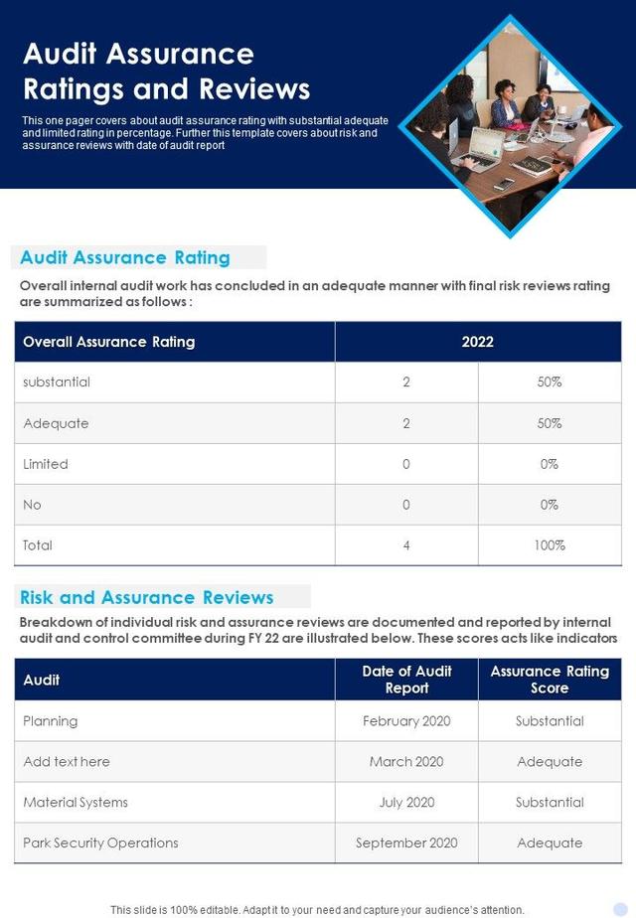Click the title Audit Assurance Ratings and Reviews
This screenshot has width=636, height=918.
166,71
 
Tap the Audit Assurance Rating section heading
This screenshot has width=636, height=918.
125,257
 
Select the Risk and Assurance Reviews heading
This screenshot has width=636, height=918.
146,597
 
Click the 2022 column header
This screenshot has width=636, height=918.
477,342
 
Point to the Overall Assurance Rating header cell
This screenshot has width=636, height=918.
109,342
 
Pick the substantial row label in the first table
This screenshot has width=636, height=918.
57,382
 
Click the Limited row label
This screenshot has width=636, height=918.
46,464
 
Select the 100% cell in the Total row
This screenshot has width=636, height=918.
549,545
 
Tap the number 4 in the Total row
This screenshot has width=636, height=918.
405,545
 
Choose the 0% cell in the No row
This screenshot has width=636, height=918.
549,505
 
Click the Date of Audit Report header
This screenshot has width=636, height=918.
406,680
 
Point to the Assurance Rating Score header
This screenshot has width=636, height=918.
550,680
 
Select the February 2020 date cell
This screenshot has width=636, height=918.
406,721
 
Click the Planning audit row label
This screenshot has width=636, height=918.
51,721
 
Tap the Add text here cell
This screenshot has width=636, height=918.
67,762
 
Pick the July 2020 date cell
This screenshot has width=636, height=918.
406,802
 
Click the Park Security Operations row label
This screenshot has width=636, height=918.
101,842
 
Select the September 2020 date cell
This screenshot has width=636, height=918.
406,842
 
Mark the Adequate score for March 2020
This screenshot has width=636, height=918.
550,762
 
